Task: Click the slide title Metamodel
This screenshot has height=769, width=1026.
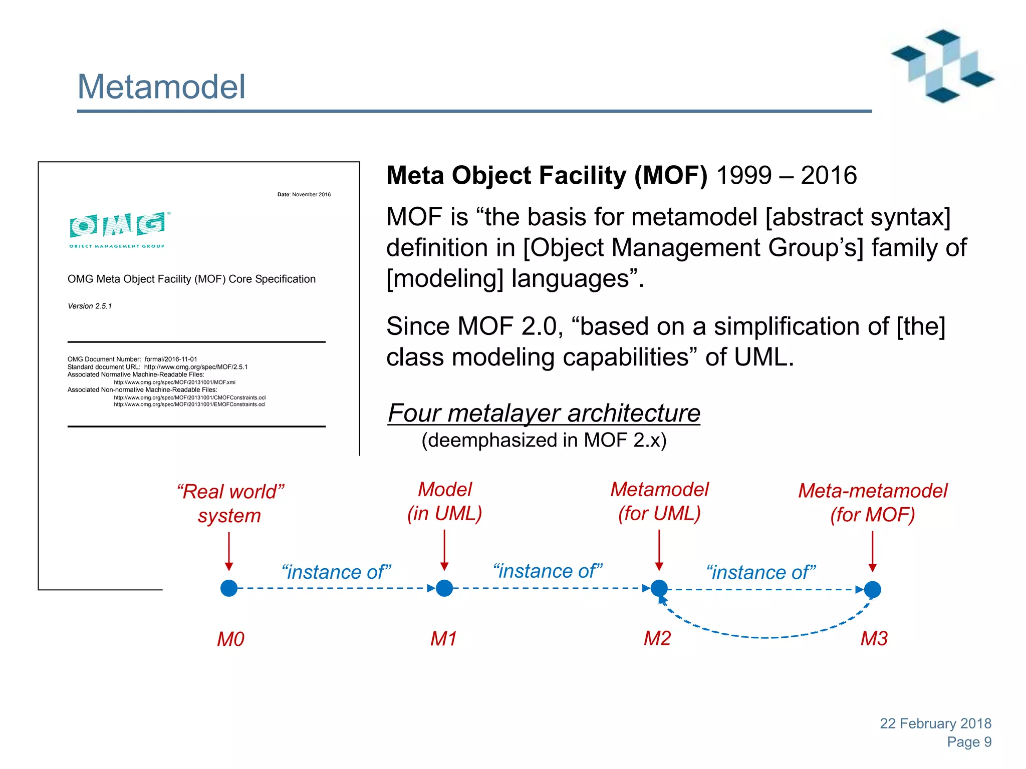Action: [x=161, y=87]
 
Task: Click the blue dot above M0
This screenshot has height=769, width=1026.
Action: [x=229, y=588]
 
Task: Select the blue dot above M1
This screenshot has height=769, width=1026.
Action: [x=444, y=588]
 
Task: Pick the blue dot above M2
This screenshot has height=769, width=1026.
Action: [x=659, y=588]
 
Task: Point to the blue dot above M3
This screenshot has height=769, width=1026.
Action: [x=872, y=589]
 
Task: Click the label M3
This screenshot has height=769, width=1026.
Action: [x=874, y=638]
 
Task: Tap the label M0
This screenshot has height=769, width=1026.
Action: [x=230, y=639]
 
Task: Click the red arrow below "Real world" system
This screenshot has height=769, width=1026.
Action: [x=229, y=551]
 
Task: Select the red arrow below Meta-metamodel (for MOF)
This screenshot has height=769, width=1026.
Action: [x=872, y=551]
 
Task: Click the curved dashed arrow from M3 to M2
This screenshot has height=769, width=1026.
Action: [x=766, y=637]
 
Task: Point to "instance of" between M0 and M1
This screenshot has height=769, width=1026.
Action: [x=336, y=572]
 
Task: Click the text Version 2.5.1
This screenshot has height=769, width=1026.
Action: [x=90, y=306]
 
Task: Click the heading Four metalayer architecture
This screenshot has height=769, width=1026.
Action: [x=544, y=413]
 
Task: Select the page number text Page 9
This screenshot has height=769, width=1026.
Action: [x=969, y=742]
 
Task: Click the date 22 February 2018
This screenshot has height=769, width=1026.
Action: [x=935, y=723]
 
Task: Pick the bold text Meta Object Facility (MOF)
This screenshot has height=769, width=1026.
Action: [x=547, y=176]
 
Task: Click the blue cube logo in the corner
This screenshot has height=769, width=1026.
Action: [x=942, y=66]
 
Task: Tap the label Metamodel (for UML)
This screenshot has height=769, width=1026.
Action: [x=659, y=501]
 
